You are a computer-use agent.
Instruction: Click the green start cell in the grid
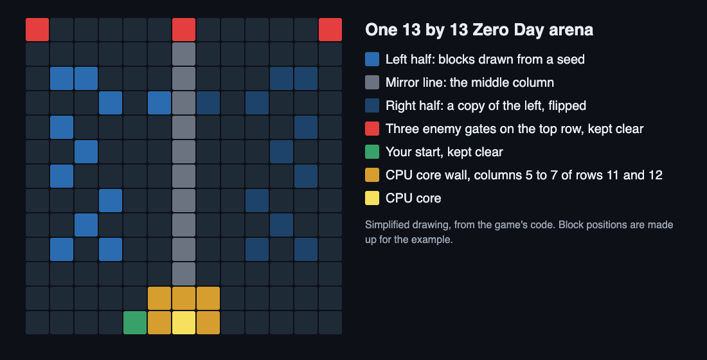135,323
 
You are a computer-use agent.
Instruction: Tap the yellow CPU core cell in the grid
184,323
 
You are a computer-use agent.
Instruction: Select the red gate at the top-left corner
37,30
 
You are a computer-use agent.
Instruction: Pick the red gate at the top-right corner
330,30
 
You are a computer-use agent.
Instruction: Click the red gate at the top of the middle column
184,30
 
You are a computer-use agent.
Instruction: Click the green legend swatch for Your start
372,152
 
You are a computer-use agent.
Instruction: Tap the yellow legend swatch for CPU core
372,198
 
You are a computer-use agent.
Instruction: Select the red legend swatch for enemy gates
372,129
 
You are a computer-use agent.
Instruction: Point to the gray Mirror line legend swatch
372,82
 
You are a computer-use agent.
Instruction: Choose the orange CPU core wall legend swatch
372,175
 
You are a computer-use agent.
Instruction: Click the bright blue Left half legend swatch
372,59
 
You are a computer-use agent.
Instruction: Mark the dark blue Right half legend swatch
372,105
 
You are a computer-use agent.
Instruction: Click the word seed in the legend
571,60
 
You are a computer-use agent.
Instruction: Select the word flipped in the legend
568,106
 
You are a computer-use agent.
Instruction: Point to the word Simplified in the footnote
388,225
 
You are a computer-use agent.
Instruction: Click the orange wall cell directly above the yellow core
184,298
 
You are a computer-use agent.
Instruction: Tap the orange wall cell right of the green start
159,323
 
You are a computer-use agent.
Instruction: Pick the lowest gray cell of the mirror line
184,274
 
